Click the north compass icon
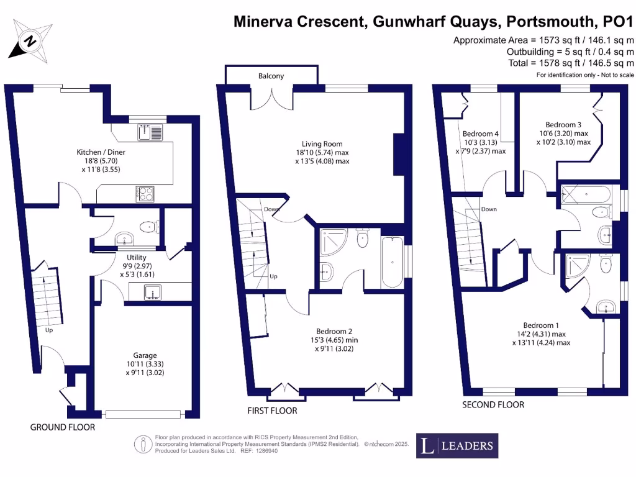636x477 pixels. pyautogui.click(x=29, y=41)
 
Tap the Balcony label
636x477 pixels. pyautogui.click(x=271, y=76)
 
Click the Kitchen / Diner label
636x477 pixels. pyautogui.click(x=98, y=152)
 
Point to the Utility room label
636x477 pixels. pyautogui.click(x=136, y=257)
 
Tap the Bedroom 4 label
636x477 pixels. pyautogui.click(x=481, y=134)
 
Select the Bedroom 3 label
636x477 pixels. pyautogui.click(x=563, y=124)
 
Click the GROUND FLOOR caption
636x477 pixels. pyautogui.click(x=63, y=427)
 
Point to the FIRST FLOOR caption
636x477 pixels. pyautogui.click(x=272, y=411)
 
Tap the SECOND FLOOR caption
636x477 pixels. pyautogui.click(x=493, y=404)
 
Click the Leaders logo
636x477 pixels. pyautogui.click(x=457, y=445)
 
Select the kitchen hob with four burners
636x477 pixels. pyautogui.click(x=145, y=194)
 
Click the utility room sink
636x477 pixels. pyautogui.click(x=152, y=291)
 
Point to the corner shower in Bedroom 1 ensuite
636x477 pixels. pyautogui.click(x=575, y=270)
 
